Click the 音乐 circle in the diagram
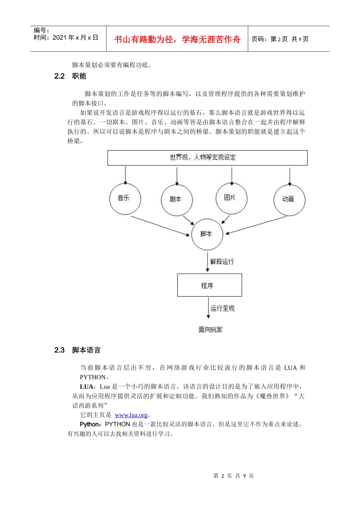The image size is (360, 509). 125,198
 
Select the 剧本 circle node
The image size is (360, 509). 177,200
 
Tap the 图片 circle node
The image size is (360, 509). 231,198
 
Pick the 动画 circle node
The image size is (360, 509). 289,200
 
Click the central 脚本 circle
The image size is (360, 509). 207,234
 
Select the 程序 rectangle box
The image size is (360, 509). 209,285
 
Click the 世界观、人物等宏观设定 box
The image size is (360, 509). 207,158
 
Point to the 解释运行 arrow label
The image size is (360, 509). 222,262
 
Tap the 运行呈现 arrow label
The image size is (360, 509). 222,309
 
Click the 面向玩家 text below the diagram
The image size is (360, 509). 211,330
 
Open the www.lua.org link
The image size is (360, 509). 131,415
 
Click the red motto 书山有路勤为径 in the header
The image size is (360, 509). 177,39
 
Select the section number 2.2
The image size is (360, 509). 59,76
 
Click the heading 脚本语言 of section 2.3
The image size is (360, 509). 86,350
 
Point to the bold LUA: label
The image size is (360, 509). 88,387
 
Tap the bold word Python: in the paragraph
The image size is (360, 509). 91,425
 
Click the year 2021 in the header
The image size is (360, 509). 59,37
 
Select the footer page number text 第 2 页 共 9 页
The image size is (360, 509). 233,476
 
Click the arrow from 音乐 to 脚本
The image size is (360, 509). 160,226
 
